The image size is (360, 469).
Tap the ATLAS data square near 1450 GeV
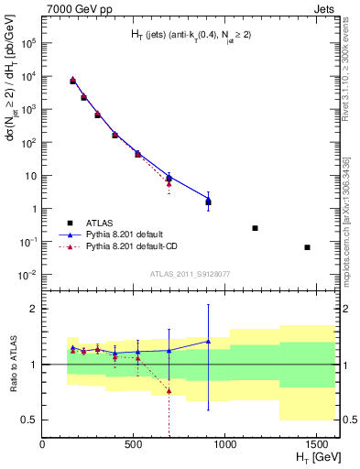(x=307, y=247)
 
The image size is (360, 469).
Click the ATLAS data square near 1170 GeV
(x=255, y=228)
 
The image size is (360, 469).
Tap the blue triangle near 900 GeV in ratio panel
(x=209, y=341)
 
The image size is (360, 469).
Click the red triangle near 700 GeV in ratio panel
(x=169, y=391)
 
